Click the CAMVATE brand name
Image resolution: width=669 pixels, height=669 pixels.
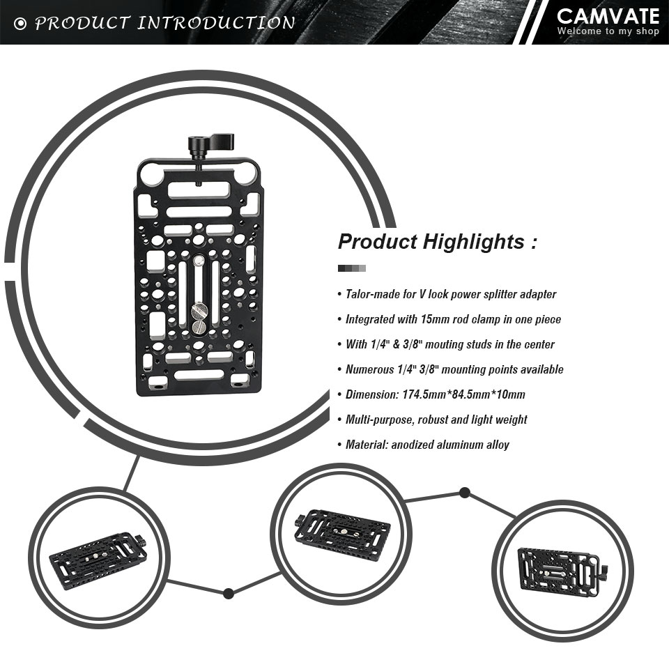click(608, 16)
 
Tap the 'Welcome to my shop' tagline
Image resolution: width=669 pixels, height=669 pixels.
click(608, 31)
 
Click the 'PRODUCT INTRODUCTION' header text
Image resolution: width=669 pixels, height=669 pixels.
click(164, 23)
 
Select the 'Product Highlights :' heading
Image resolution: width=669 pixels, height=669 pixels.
click(438, 242)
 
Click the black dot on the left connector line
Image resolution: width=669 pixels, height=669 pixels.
click(229, 593)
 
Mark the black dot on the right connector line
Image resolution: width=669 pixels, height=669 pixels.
click(465, 493)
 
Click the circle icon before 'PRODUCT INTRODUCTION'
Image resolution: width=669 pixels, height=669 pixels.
click(20, 24)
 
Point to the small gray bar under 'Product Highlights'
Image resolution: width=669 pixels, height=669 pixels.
click(351, 268)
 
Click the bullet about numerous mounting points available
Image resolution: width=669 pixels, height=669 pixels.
click(454, 369)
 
